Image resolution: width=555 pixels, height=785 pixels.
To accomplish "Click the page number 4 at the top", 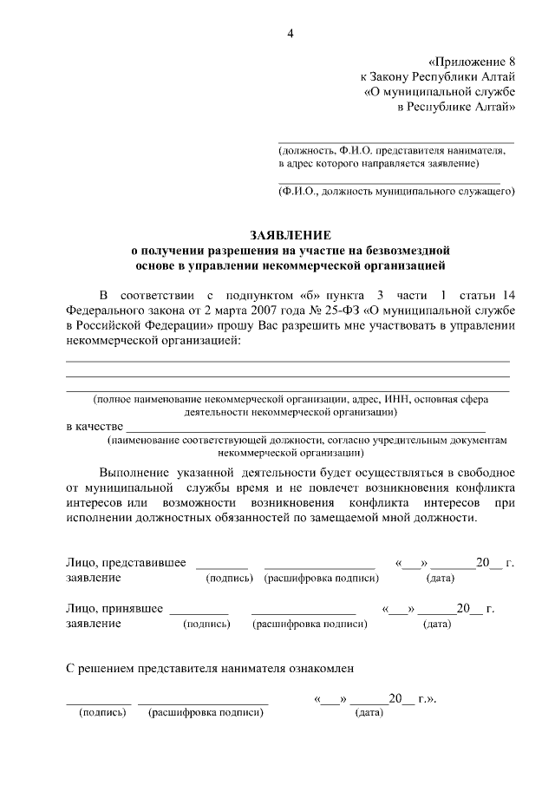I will [291, 34].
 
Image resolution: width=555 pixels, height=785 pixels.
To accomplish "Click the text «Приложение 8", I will [473, 62].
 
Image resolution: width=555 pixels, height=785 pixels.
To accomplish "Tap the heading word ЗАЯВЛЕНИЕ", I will [291, 236].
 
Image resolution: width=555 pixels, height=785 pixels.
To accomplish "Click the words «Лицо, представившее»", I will [127, 563].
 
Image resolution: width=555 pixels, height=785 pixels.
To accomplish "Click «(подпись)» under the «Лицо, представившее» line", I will [228, 579].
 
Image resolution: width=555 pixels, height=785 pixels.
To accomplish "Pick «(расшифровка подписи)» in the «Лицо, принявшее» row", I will [304, 624].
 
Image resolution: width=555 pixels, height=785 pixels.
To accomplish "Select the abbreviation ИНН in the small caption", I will [399, 400].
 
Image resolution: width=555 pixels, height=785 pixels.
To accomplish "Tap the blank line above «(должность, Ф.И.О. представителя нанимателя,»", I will [395, 141].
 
